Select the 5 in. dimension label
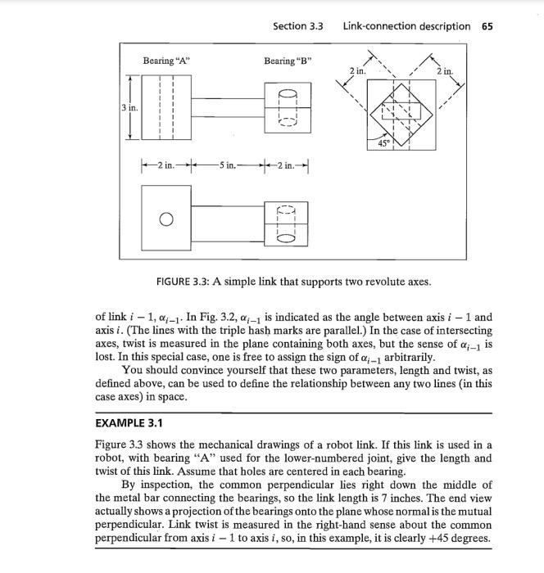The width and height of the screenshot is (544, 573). coord(227,165)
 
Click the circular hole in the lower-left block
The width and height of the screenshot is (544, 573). coord(166,219)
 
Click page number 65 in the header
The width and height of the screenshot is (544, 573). coord(487,26)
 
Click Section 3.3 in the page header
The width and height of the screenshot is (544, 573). coord(298,26)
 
